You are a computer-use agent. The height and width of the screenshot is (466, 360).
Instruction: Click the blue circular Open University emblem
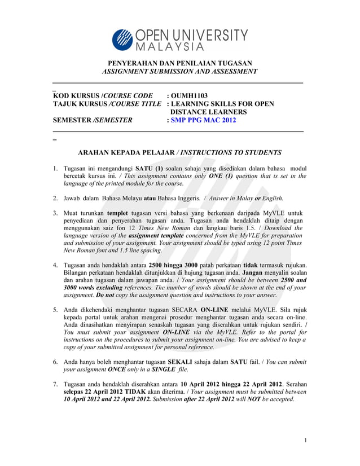coord(122,39)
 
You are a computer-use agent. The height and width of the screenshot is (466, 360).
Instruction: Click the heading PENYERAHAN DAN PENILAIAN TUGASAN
coord(179,63)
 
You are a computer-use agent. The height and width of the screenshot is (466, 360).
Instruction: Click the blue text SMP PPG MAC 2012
coord(201,120)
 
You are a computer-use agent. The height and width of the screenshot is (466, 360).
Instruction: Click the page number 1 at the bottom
coord(305,441)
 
